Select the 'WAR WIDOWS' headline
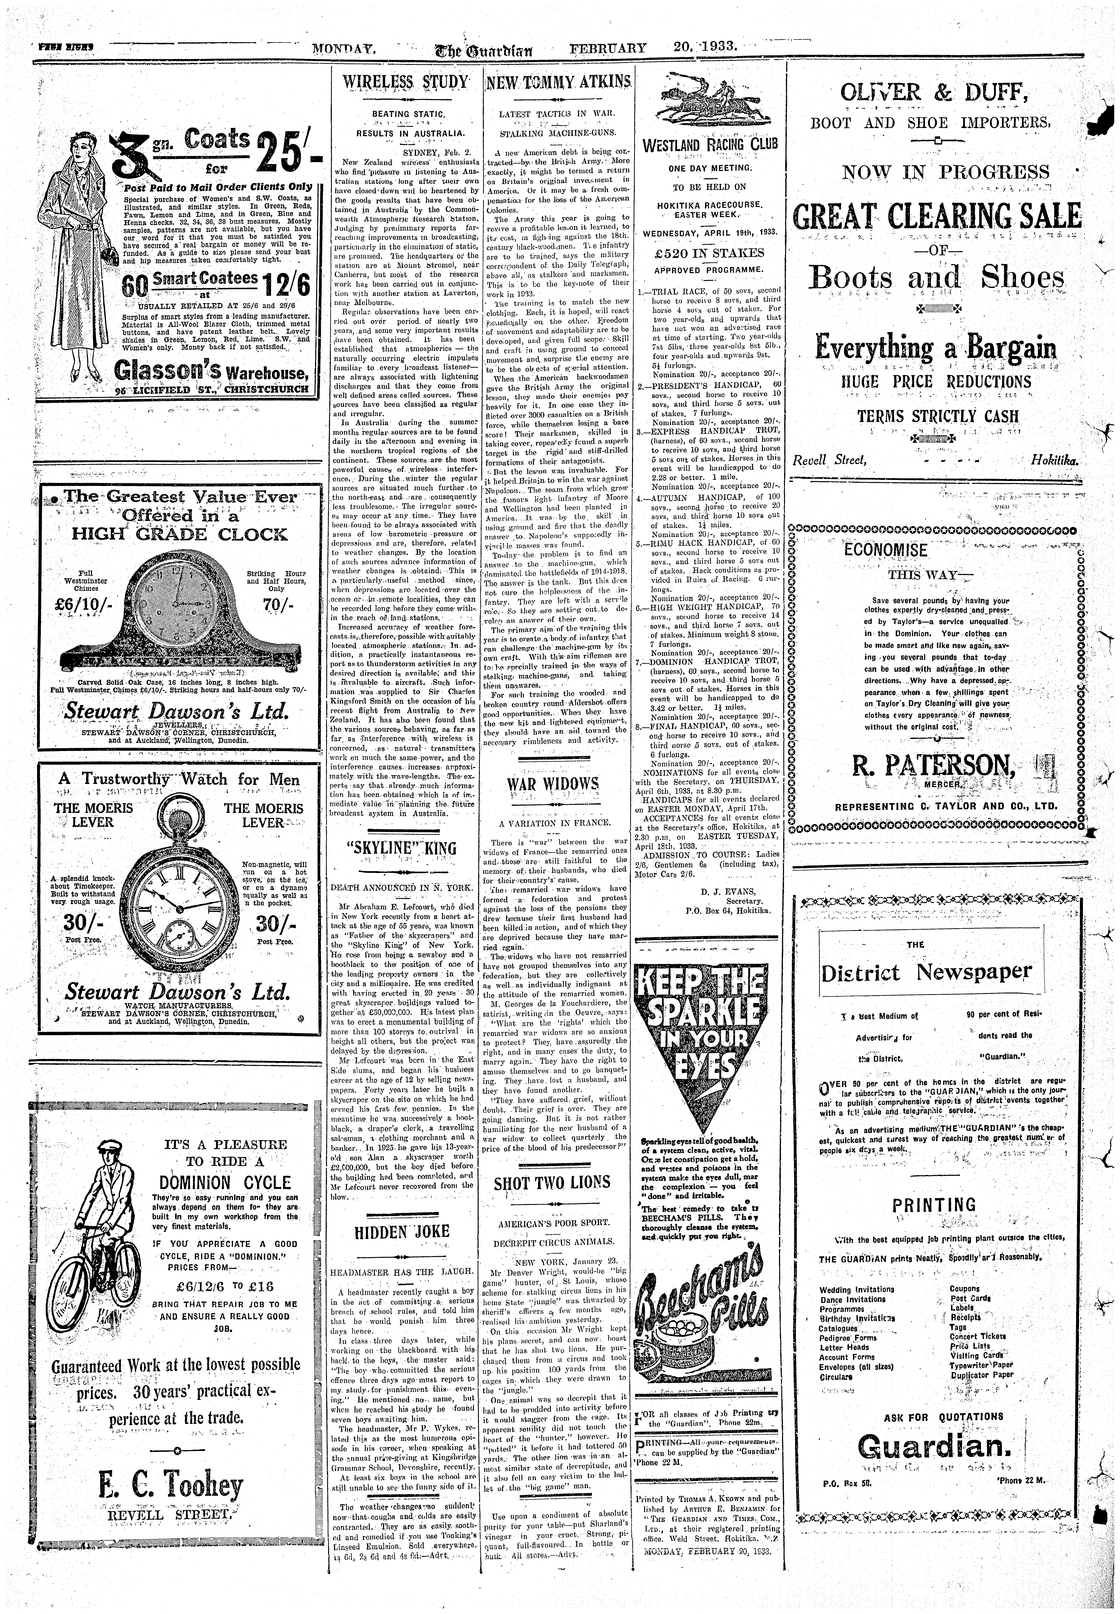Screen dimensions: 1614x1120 coord(553,784)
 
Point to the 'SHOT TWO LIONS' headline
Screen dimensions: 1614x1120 coord(552,1182)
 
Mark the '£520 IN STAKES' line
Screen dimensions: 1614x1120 coord(709,253)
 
